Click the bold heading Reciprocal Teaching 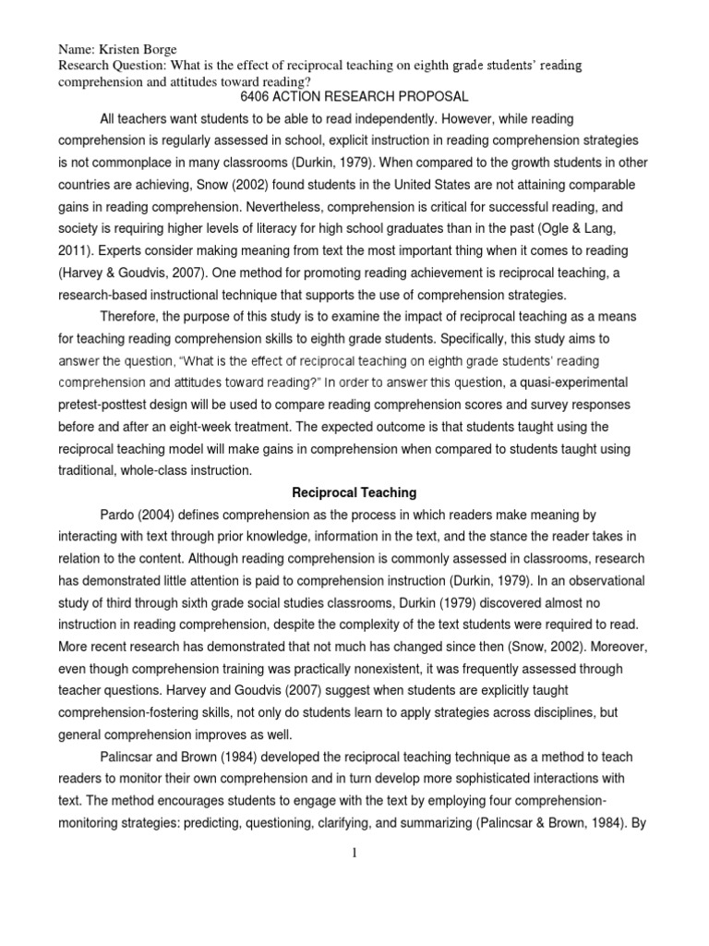[x=354, y=493]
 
